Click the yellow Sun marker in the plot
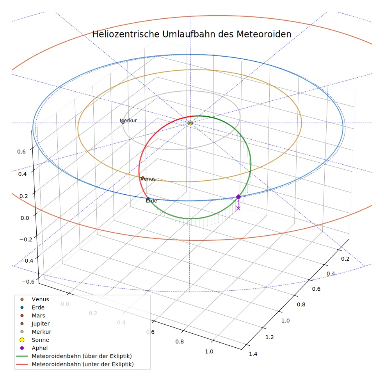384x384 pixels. tap(190, 123)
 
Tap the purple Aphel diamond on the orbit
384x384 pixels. tap(238, 197)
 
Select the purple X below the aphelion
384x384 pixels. tap(238, 208)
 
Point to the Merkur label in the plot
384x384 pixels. tap(128, 121)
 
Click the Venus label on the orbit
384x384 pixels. tap(148, 179)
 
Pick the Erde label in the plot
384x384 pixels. tap(151, 201)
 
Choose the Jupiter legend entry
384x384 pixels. tap(35, 324)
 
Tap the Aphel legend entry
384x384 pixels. tap(34, 348)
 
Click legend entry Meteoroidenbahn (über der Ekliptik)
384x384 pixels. tap(74, 356)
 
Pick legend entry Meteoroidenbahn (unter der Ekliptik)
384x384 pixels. tap(75, 364)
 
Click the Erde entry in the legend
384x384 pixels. tap(33, 308)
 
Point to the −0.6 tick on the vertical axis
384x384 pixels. tap(28, 282)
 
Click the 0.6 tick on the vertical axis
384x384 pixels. tap(21, 152)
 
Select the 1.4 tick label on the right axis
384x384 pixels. tap(253, 354)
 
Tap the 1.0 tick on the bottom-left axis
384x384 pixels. tap(209, 352)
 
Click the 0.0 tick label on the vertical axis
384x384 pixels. tap(25, 218)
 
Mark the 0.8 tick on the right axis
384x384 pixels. tap(301, 304)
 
